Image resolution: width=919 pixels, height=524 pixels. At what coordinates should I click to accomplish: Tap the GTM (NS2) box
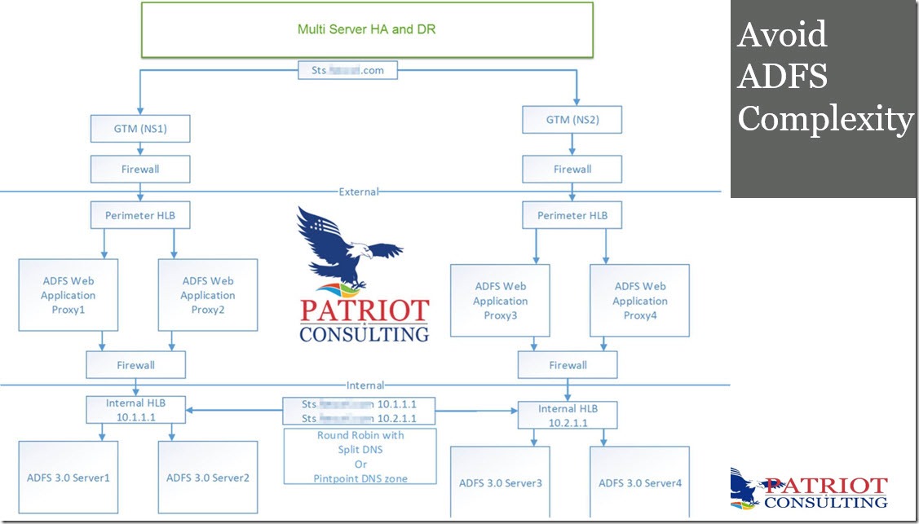click(572, 121)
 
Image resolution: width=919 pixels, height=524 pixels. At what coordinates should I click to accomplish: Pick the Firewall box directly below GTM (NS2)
click(572, 170)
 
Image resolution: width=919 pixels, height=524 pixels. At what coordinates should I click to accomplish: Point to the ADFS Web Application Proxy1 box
click(68, 294)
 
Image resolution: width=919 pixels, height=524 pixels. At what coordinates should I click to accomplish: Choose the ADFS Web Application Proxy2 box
click(208, 294)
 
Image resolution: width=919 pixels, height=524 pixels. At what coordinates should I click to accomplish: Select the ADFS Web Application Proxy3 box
click(500, 301)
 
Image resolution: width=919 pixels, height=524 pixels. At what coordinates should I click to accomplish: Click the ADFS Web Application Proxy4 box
click(640, 301)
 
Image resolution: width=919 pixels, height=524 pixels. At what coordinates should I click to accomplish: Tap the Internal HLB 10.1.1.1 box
click(136, 409)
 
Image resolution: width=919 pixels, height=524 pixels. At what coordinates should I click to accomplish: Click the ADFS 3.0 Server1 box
click(68, 477)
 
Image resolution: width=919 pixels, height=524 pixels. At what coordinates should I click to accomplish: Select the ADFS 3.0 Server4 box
click(640, 483)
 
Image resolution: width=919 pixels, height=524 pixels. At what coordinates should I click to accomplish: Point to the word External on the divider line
click(359, 192)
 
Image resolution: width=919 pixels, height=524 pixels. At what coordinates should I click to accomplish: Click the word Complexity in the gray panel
click(825, 119)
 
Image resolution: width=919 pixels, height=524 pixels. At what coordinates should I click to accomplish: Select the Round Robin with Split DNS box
click(360, 457)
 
